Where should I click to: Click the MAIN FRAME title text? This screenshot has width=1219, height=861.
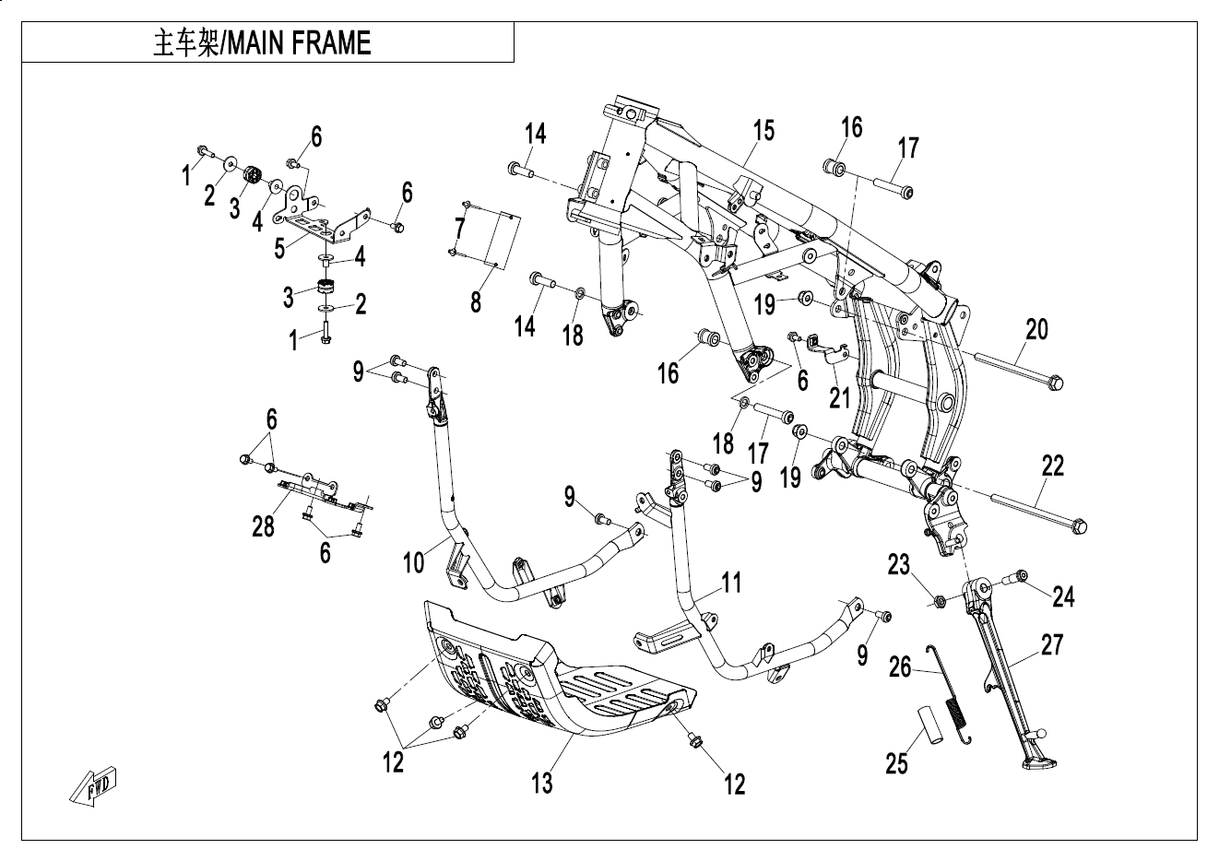(262, 43)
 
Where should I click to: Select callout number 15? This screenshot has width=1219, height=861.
(763, 130)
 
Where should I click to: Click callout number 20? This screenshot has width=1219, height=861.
(1036, 329)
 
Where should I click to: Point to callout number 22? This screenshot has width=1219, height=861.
(1052, 466)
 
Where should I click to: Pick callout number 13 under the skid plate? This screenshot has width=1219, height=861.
(542, 783)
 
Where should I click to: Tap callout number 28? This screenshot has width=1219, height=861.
(264, 526)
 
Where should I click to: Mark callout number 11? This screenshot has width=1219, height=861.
(731, 583)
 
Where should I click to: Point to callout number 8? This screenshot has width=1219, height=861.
(476, 301)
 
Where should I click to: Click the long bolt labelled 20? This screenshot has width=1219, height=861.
(1014, 371)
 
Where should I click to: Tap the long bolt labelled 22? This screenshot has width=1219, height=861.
(1037, 513)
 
